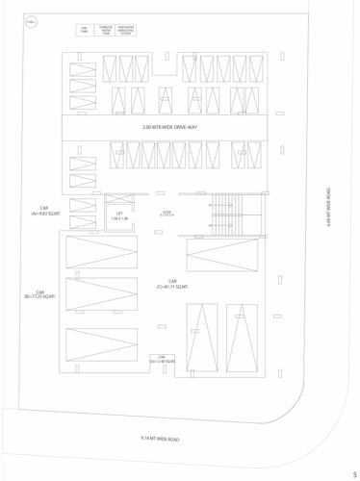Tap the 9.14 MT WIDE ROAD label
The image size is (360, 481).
[160, 439]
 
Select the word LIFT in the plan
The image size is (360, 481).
[119, 214]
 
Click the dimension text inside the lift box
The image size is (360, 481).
[119, 219]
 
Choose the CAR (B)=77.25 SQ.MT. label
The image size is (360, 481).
[40, 294]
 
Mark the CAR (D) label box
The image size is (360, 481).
[163, 359]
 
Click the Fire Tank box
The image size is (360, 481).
[84, 31]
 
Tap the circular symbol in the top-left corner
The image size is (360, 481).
[31, 23]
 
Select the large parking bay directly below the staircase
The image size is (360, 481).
[221, 254]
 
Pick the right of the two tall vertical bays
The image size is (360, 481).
[242, 337]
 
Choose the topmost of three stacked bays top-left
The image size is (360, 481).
[83, 68]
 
